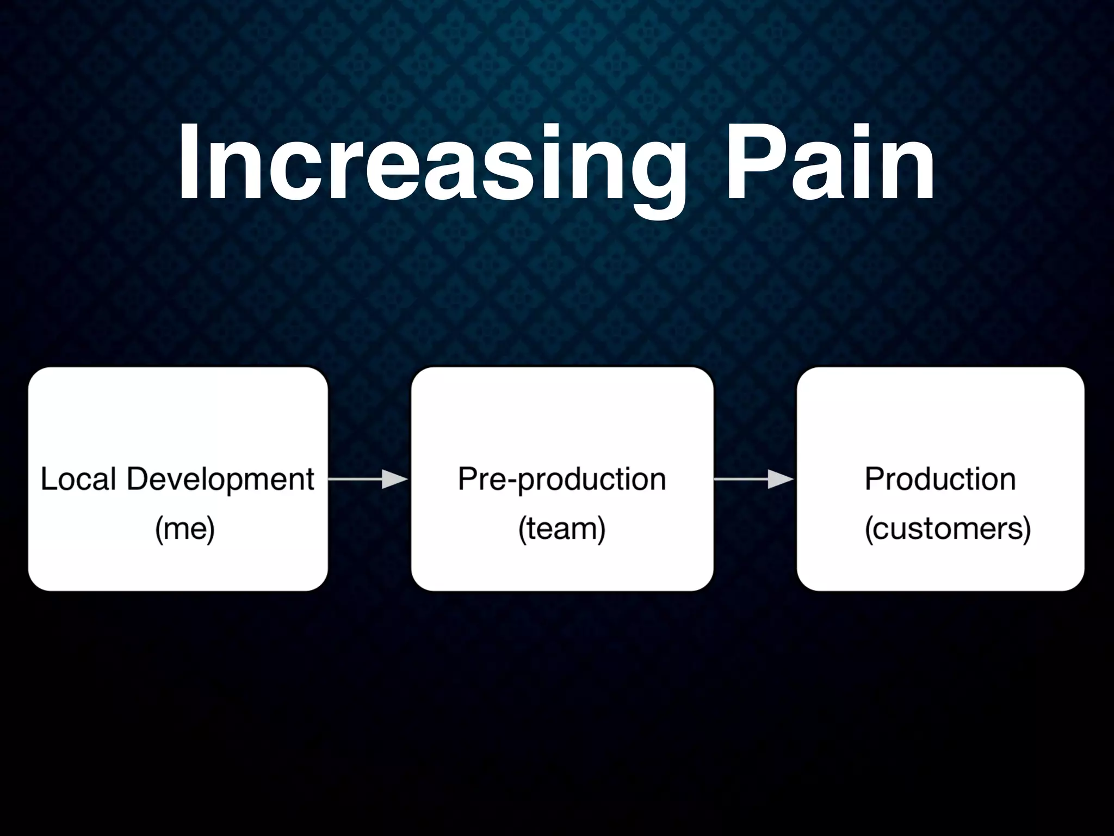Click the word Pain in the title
pos(830,163)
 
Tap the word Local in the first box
pos(78,480)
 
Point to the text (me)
pos(185,528)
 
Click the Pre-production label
pos(561,480)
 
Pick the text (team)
pos(561,528)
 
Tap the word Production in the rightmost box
pos(940,480)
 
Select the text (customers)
pos(948,528)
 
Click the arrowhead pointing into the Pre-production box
pos(395,479)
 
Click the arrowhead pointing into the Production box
pos(781,479)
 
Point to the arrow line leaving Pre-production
pos(740,479)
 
